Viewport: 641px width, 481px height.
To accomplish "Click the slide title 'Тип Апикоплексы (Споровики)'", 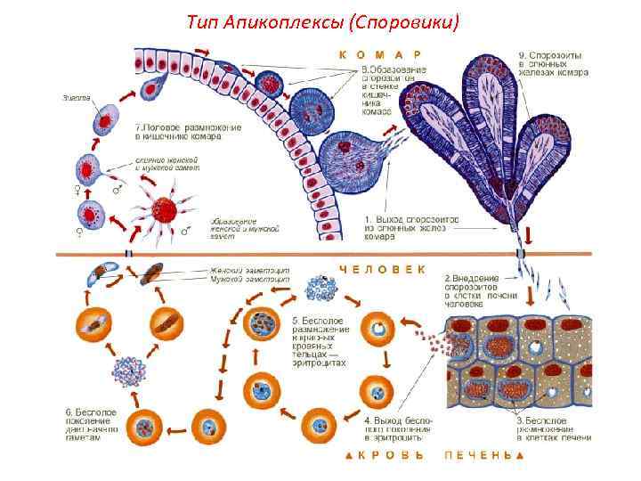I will pos(324,21).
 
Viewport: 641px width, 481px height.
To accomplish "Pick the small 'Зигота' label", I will pos(75,97).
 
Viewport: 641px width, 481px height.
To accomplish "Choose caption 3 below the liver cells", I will pos(552,427).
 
